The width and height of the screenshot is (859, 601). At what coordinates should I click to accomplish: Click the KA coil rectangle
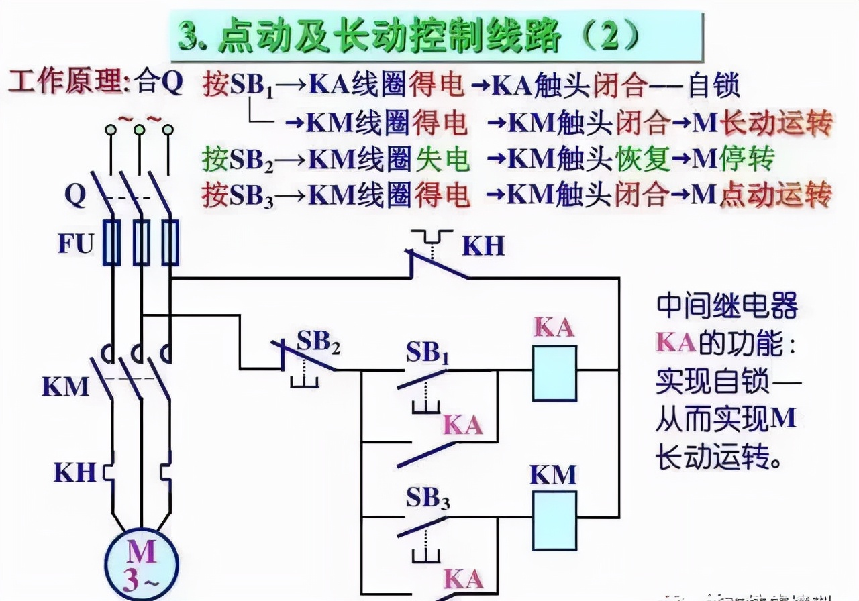[x=554, y=373]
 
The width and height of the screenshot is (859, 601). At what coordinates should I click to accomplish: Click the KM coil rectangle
[x=554, y=521]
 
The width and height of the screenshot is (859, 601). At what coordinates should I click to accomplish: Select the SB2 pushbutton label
[x=319, y=343]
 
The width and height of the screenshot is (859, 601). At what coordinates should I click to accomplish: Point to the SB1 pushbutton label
[x=427, y=353]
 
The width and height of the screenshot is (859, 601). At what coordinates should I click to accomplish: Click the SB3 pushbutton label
[x=427, y=499]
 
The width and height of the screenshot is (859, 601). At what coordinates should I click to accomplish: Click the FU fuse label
[x=75, y=243]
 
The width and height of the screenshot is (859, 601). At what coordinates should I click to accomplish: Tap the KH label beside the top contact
[x=483, y=246]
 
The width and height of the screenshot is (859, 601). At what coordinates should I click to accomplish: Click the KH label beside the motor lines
[x=74, y=472]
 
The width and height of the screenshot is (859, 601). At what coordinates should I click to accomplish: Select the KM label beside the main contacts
[x=65, y=386]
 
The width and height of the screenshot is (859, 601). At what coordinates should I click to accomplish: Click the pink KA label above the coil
[x=554, y=327]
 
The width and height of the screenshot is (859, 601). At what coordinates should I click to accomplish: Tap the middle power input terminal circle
[x=139, y=130]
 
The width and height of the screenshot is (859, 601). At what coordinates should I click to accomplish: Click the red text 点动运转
[x=775, y=195]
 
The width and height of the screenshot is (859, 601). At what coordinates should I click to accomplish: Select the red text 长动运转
[x=775, y=123]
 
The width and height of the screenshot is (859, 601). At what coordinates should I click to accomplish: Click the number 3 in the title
[x=191, y=38]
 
